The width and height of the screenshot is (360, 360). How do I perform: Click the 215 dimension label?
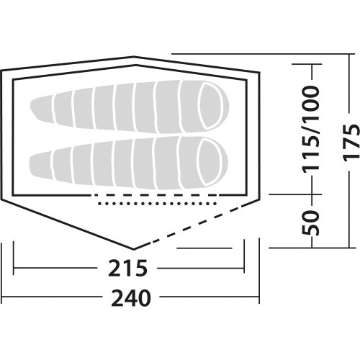click(127, 268)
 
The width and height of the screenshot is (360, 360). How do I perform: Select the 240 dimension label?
click(131, 298)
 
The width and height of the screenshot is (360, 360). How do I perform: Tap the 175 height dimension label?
click(351, 143)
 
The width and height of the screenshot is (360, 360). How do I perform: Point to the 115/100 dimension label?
click(311, 130)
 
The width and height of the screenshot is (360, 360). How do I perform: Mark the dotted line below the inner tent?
click(158, 204)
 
